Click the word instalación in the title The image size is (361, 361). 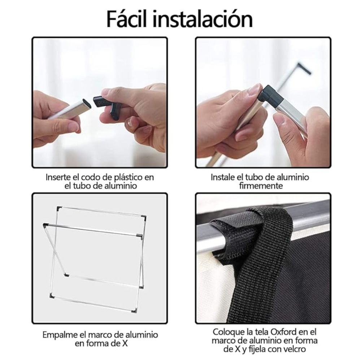[202, 19]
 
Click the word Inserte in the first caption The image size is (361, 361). [58, 177]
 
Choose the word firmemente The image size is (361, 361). [261, 186]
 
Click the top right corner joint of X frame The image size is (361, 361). [144, 217]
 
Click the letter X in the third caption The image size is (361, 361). [125, 343]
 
